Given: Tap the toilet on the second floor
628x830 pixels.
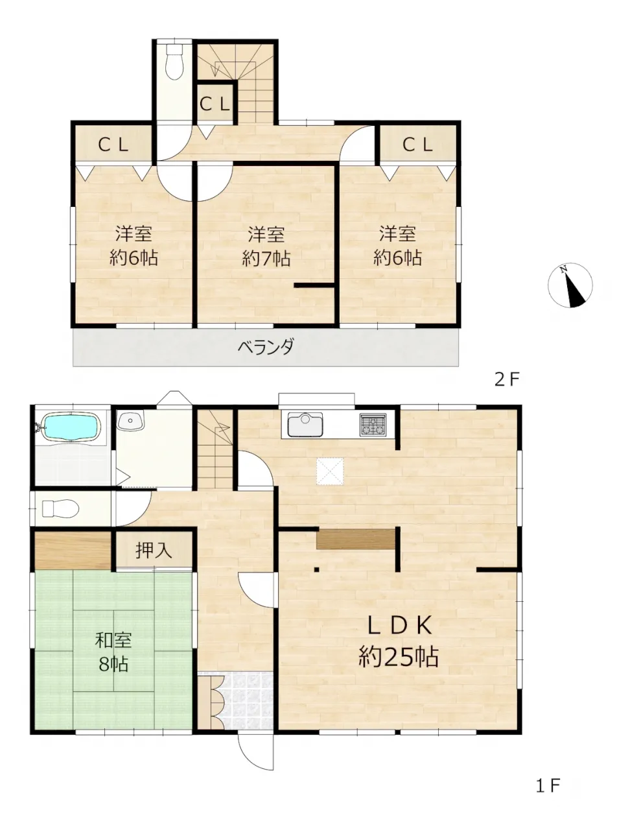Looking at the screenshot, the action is point(174,61).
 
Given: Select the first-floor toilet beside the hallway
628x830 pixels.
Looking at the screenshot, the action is point(60,508).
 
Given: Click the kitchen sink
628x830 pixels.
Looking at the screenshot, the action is point(305,424).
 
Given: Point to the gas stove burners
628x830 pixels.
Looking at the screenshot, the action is point(373,425).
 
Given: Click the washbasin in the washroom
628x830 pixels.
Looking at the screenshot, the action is point(131,420).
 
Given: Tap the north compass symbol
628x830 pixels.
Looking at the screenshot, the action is point(570,285).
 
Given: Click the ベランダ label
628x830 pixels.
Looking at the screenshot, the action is point(265,346).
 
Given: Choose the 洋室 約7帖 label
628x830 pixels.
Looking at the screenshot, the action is point(266,246).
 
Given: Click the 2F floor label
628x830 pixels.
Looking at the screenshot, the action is point(507,379).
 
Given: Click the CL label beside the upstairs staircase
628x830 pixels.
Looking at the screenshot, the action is point(215,104).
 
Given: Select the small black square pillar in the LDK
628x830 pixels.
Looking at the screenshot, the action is point(317,569).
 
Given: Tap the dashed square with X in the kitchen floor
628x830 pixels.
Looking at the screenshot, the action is point(331,471).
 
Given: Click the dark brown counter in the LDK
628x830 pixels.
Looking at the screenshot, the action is point(356,539).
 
